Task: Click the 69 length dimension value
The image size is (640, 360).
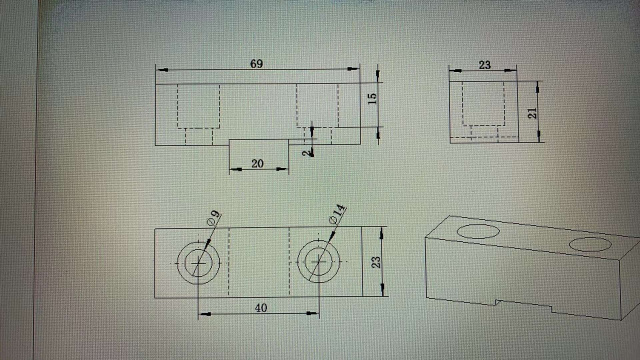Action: tap(256, 64)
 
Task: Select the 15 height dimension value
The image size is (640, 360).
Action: tap(372, 98)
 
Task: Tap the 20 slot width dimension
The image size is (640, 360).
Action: tap(257, 163)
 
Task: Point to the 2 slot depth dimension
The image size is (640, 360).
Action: tap(307, 153)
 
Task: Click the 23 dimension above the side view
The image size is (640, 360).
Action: tap(484, 65)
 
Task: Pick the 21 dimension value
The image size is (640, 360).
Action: tap(532, 113)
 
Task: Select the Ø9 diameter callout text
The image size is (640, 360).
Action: tap(213, 218)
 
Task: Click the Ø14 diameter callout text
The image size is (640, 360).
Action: tap(338, 214)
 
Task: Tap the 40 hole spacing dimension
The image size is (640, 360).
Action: tap(261, 307)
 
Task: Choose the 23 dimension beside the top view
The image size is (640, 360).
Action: tap(376, 262)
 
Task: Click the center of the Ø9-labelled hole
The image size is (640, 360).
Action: tap(198, 263)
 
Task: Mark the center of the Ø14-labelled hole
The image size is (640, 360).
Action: tap(318, 261)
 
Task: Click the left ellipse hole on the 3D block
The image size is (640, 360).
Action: tap(478, 231)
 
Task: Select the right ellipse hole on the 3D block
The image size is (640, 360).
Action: tap(590, 244)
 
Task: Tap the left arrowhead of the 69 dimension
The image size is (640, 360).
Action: tap(162, 70)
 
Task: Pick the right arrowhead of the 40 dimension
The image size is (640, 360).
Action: tap(313, 313)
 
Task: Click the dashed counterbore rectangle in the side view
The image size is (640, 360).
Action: tap(483, 104)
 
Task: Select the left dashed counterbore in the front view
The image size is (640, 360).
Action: tap(198, 106)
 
